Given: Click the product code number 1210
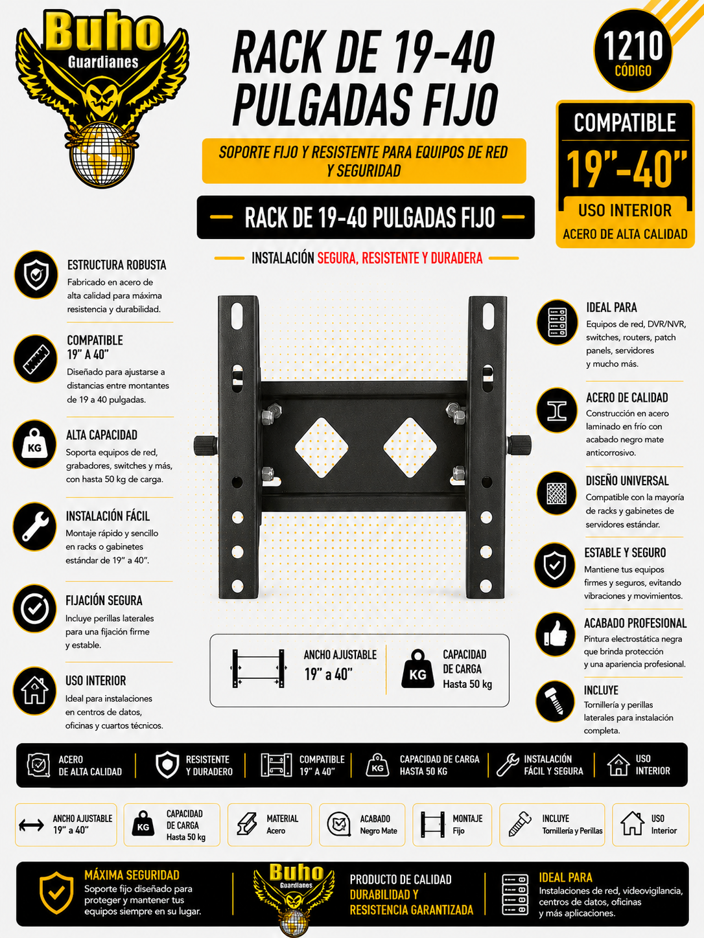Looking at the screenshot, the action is (633, 45).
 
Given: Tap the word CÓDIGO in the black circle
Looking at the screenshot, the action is (633, 71).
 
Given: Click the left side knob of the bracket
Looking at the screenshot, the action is (205, 446).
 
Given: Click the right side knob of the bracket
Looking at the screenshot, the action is (519, 446).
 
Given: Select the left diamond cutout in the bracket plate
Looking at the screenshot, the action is (322, 448).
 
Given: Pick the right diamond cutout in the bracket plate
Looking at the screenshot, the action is (410, 448).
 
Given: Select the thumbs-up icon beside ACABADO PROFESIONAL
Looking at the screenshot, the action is (556, 634).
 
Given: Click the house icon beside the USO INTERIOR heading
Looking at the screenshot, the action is (34, 691).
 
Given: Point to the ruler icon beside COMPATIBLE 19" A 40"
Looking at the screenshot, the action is (36, 358).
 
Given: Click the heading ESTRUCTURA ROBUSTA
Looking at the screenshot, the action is (117, 265).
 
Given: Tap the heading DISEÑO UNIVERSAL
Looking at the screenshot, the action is (627, 481).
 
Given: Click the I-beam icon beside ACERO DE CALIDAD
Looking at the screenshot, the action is (557, 410).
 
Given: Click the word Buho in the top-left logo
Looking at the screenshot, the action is (102, 31).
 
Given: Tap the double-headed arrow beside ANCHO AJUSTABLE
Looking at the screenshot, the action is (31, 825).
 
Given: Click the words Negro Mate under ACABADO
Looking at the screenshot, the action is (379, 830).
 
